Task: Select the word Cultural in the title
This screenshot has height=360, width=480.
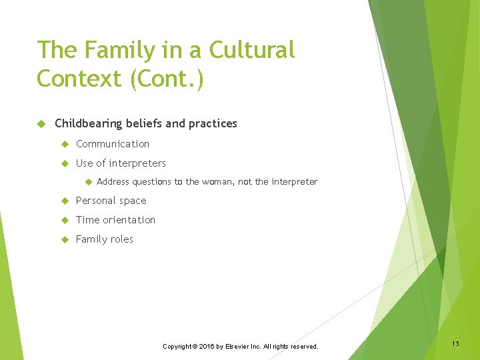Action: click(251, 50)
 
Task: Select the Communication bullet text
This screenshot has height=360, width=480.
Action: click(113, 144)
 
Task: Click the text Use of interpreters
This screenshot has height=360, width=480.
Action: click(121, 163)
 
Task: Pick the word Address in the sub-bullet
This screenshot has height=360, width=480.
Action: click(113, 182)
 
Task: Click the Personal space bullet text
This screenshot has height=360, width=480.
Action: click(111, 201)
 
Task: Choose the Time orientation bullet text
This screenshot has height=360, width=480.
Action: click(115, 220)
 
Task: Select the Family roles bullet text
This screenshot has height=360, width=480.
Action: click(104, 239)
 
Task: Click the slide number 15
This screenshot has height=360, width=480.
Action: click(455, 344)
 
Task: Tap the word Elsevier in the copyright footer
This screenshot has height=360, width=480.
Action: click(239, 347)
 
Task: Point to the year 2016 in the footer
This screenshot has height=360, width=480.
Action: click(205, 347)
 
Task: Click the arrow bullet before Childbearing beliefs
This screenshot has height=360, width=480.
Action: click(41, 123)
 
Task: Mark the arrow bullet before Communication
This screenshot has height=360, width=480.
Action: click(65, 144)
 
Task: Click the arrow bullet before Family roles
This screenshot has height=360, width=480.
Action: click(65, 239)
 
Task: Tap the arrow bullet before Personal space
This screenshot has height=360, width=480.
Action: click(65, 201)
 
